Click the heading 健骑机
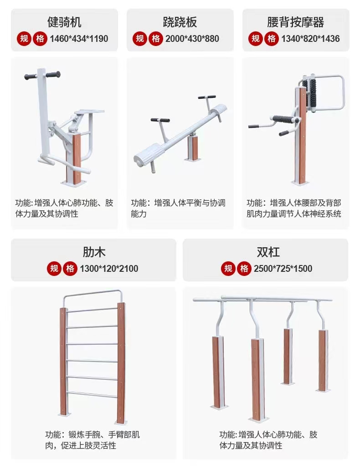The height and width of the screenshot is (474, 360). [64, 22]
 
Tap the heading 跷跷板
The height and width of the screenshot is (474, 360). [180, 22]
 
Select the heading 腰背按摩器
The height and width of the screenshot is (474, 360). [296, 22]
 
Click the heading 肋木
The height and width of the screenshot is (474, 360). [94, 252]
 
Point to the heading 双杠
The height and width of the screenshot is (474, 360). [268, 252]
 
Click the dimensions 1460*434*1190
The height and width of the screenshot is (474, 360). [79, 39]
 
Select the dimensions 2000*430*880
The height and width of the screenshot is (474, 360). [192, 39]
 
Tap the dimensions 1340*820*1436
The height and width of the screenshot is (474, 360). [310, 39]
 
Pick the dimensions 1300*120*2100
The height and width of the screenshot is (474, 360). [109, 269]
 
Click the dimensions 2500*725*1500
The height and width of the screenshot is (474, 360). [283, 269]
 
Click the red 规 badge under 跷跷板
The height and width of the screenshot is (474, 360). [140, 39]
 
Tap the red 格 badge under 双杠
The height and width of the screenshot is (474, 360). [244, 269]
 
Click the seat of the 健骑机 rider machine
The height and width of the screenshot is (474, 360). [90, 112]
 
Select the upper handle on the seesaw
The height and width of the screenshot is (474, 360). [207, 97]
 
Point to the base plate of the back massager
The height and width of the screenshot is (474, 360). [301, 183]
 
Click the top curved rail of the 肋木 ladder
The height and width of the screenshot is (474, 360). [93, 294]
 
